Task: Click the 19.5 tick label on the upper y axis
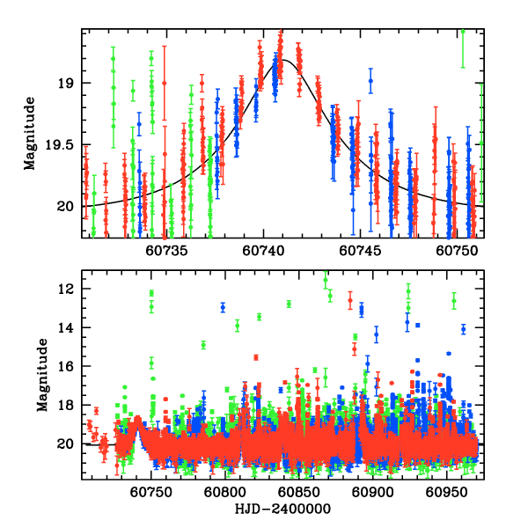pos(61,145)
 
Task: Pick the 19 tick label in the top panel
pos(69,84)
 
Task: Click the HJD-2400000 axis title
pos(282,509)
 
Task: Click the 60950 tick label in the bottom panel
pos(444,491)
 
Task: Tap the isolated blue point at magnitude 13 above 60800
pos(223,307)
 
